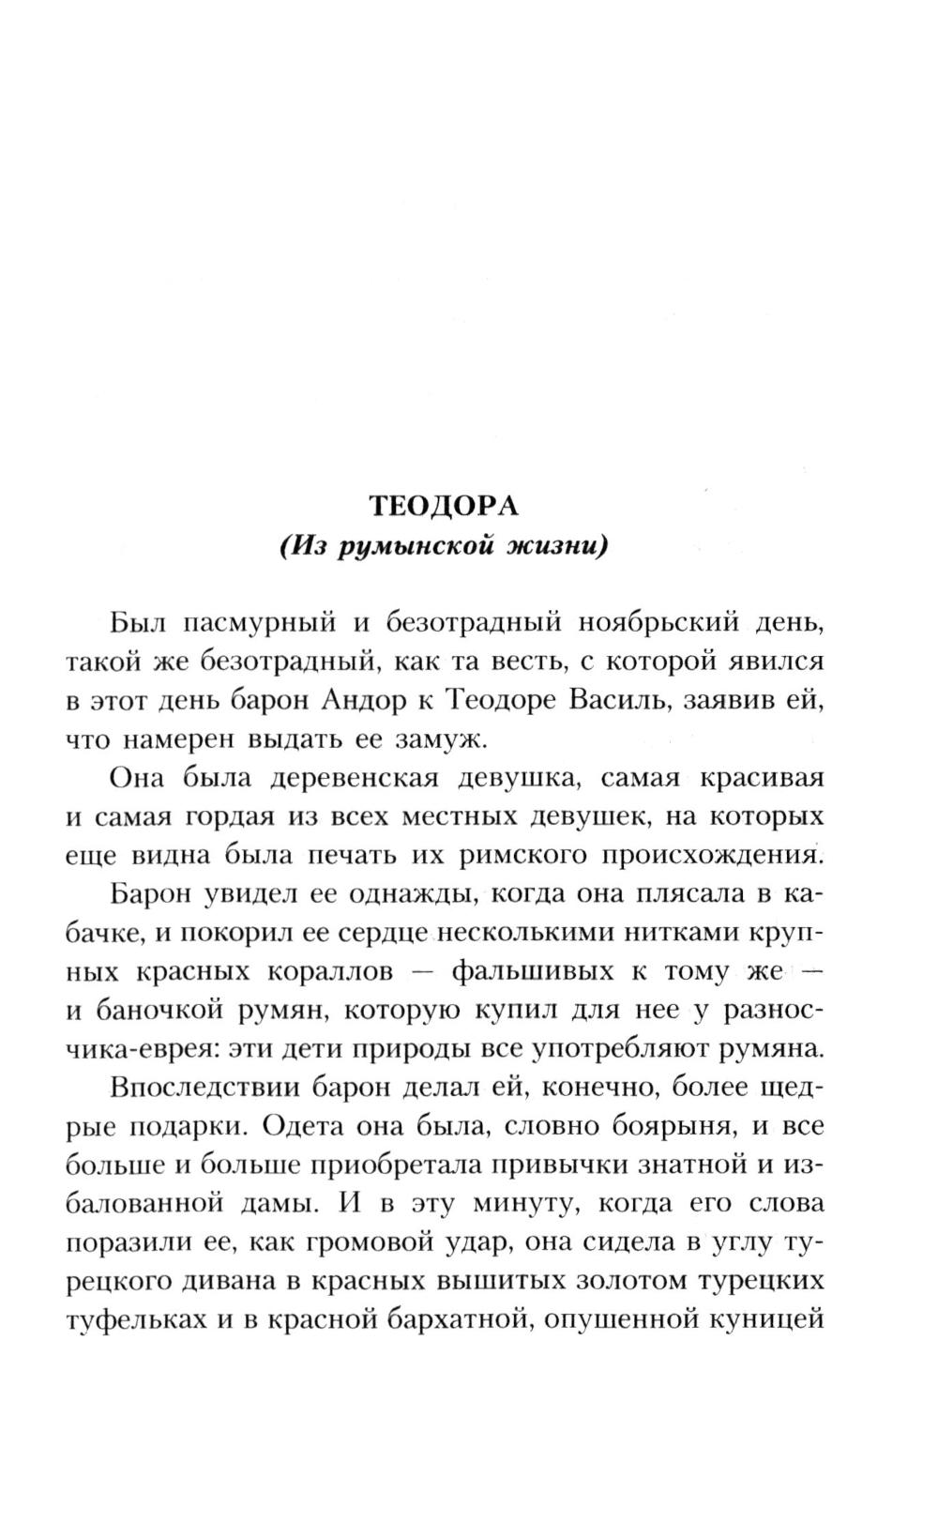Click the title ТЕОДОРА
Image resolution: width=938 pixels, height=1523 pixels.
[443, 506]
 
